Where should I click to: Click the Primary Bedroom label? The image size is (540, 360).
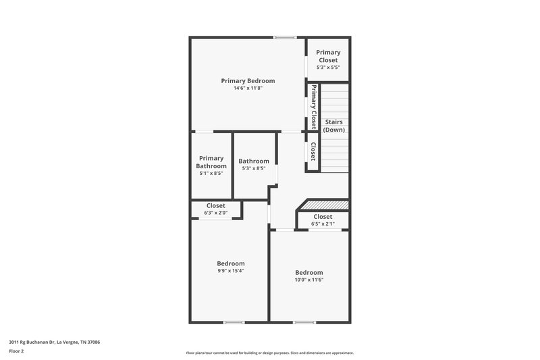[248, 80]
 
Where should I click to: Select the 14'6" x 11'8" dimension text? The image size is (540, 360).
[248, 88]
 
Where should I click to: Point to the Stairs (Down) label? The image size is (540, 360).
[334, 126]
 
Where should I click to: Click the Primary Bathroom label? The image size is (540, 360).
[211, 162]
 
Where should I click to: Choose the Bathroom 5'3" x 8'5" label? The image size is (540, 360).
[254, 164]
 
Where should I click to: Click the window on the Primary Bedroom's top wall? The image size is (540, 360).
[284, 37]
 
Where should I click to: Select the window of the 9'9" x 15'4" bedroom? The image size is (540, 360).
[234, 322]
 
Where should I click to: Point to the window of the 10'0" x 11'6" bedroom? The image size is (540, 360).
[304, 322]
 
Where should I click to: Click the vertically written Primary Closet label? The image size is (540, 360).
[313, 106]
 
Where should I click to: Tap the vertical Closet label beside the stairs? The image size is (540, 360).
[313, 151]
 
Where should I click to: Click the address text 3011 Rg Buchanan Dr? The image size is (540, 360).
[53, 342]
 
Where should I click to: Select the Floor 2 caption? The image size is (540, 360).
[16, 351]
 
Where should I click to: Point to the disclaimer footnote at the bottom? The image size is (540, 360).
[269, 353]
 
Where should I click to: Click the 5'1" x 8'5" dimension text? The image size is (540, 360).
[211, 174]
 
